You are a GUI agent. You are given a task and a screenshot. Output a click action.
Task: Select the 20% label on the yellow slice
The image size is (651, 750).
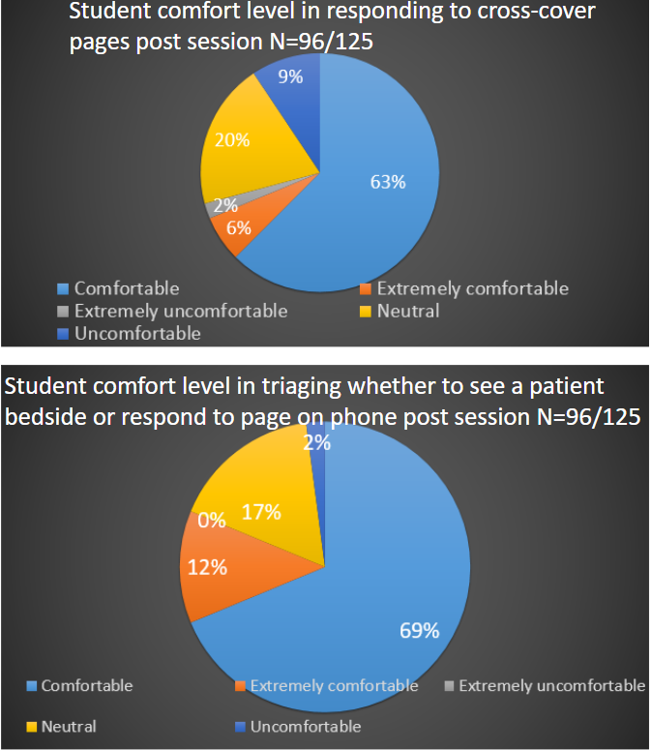pos(233,140)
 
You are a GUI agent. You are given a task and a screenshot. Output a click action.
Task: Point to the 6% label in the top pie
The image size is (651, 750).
pos(239,228)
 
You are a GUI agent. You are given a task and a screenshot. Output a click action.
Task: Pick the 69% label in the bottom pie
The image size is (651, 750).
pos(420,631)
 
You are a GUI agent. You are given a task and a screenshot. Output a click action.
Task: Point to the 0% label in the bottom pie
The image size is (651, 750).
pos(211,520)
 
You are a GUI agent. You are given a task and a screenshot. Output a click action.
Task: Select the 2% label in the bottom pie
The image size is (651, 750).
pos(316,443)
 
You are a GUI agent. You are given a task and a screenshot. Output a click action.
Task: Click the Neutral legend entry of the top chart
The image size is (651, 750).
pos(407,312)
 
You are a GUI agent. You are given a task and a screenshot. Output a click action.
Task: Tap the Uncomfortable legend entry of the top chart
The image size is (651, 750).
pos(136,334)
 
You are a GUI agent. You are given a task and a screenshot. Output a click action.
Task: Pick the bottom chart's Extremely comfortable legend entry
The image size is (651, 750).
pos(334,685)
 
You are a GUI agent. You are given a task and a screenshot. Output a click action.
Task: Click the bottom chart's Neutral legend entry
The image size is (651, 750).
pos(69,726)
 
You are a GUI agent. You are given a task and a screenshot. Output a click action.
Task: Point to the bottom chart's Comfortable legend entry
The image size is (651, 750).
pos(87,685)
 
